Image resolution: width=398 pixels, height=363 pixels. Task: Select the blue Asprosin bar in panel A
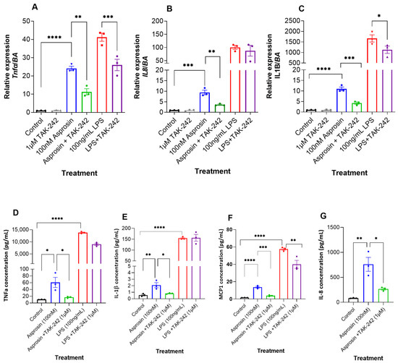click(x=72, y=90)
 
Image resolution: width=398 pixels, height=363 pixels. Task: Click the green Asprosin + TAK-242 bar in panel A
click(x=87, y=102)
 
